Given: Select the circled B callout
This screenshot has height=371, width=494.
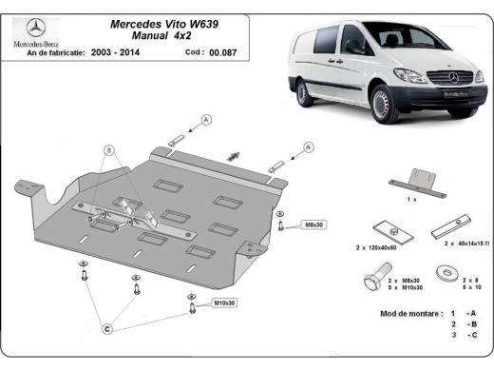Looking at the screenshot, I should pyautogui.click(x=109, y=150).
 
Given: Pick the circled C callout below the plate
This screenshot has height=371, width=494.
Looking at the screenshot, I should pyautogui.click(x=107, y=328).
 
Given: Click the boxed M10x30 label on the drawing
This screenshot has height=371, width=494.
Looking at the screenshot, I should pyautogui.click(x=224, y=303).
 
